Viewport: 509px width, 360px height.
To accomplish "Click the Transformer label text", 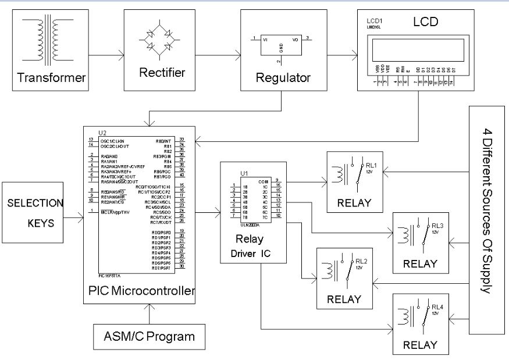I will coord(52,77).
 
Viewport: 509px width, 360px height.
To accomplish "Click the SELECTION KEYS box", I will coord(35,213).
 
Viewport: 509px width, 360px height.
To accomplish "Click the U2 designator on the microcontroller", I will coord(103,133).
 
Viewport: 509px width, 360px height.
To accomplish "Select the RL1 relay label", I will coord(370,165).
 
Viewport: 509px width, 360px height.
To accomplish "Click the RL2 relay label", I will coord(361,261).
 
